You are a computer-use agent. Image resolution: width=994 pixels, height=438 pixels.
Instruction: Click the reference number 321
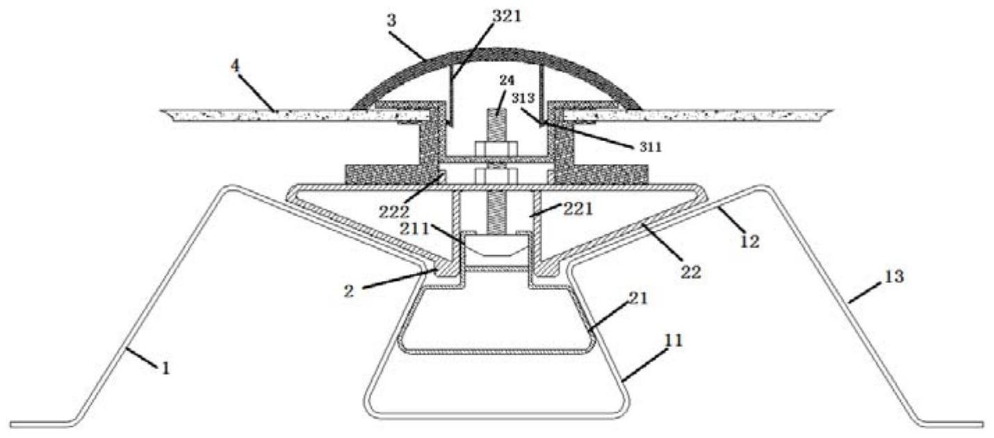pyautogui.click(x=506, y=17)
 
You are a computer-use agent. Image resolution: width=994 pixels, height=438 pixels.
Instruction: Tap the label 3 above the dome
pyautogui.click(x=391, y=22)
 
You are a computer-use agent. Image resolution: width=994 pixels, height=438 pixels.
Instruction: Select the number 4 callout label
pyautogui.click(x=235, y=66)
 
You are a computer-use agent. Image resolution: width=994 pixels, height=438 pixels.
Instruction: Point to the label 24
pyautogui.click(x=507, y=81)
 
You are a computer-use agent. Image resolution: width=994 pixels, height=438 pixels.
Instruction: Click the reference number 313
pyautogui.click(x=523, y=98)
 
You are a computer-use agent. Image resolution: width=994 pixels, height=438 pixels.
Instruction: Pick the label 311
pyautogui.click(x=650, y=147)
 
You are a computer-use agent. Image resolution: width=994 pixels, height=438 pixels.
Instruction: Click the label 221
pyautogui.click(x=578, y=209)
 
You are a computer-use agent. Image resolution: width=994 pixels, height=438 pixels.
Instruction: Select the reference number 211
pyautogui.click(x=414, y=229)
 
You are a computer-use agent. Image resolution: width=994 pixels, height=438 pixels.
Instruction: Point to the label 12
pyautogui.click(x=750, y=241)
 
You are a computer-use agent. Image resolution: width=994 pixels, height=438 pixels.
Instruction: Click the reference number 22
pyautogui.click(x=691, y=272)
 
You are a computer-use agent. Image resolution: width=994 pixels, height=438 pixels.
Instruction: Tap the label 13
pyautogui.click(x=894, y=277)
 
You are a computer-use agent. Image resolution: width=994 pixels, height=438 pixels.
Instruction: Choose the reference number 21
pyautogui.click(x=639, y=299)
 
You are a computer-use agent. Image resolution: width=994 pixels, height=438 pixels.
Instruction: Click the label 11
pyautogui.click(x=674, y=341)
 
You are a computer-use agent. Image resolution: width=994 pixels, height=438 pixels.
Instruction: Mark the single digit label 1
pyautogui.click(x=165, y=368)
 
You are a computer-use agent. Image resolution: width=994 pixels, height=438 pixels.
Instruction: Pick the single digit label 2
pyautogui.click(x=349, y=291)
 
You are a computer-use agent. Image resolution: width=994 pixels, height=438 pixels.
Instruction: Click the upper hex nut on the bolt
pyautogui.click(x=496, y=149)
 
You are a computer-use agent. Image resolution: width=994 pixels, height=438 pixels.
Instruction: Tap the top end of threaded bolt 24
pyautogui.click(x=497, y=110)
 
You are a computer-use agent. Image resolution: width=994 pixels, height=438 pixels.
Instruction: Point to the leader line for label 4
pyautogui.click(x=257, y=93)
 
